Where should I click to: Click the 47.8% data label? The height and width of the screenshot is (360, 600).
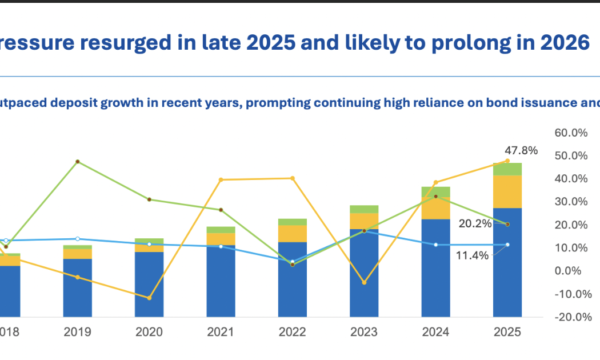[521, 150]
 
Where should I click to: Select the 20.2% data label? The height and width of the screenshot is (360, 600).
[475, 223]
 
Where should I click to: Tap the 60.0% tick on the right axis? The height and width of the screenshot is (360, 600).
[571, 133]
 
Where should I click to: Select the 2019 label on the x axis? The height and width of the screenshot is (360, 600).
[78, 332]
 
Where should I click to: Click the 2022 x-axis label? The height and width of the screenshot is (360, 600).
[293, 332]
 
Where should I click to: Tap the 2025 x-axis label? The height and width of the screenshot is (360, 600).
[507, 332]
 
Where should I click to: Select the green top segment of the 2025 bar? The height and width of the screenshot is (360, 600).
[507, 169]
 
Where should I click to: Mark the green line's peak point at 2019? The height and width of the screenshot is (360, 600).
[78, 162]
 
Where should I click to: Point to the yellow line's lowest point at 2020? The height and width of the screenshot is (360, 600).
[149, 298]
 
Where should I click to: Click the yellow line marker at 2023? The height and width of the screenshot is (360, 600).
[364, 283]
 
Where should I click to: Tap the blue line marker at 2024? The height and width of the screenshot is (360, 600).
[436, 245]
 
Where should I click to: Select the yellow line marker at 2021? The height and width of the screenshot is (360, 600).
[221, 180]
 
